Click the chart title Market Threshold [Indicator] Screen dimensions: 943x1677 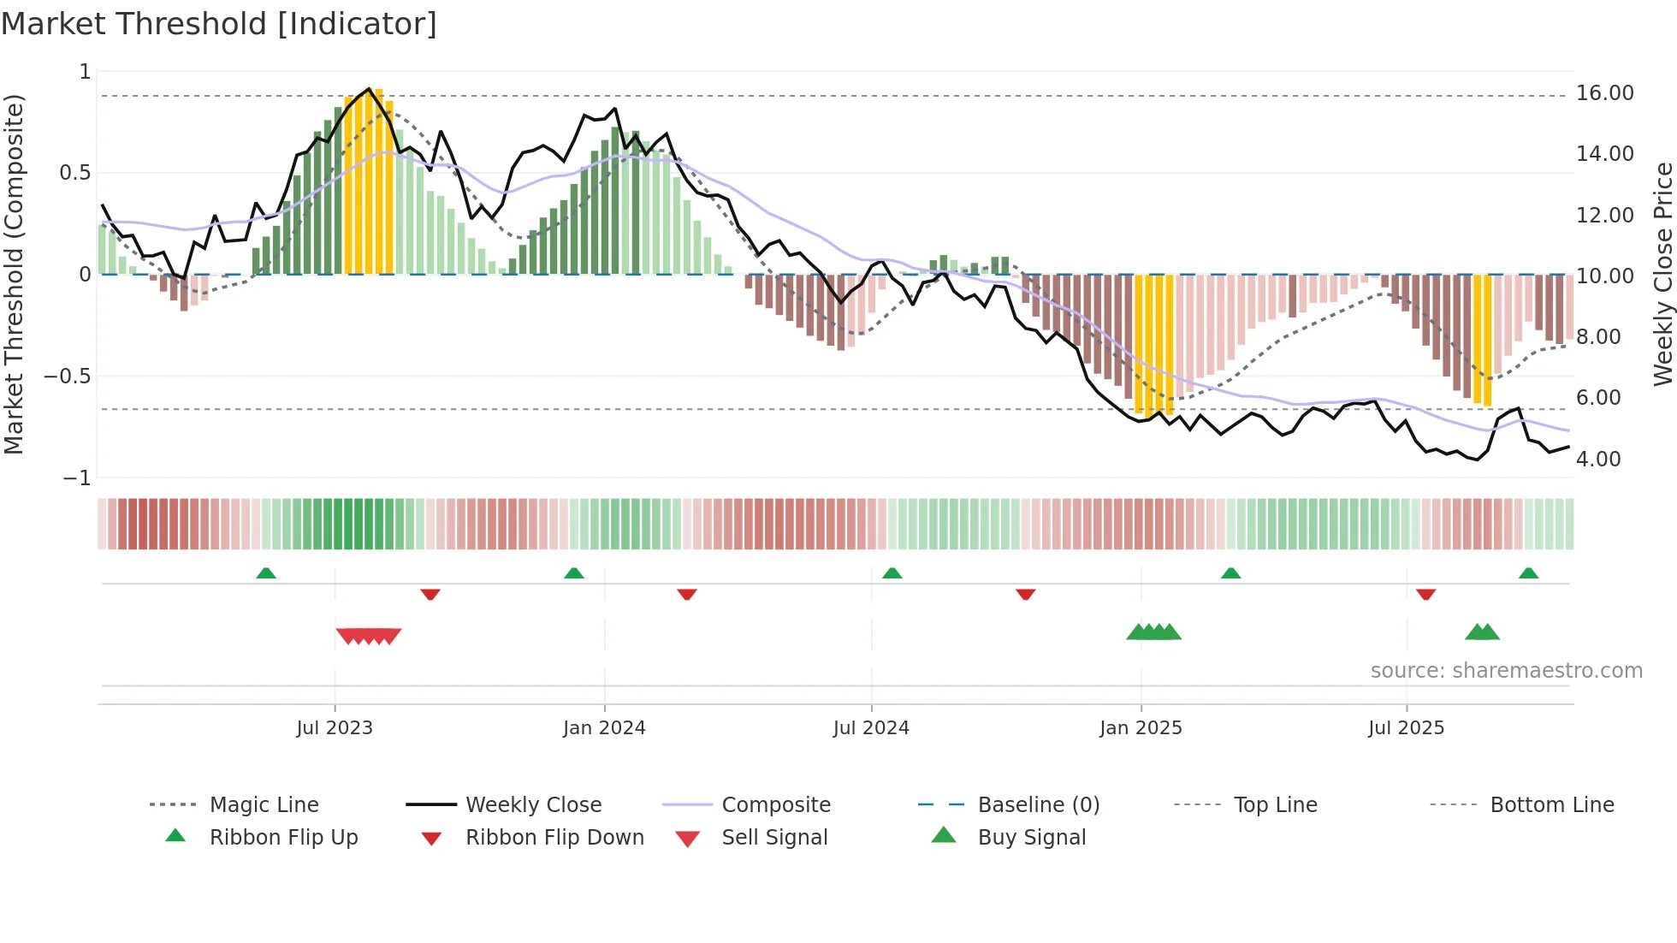click(219, 24)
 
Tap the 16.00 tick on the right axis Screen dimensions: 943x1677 click(1604, 93)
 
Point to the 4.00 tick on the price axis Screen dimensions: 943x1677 click(1597, 460)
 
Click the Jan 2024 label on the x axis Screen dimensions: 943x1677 click(604, 728)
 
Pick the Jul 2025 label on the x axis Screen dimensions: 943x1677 click(1406, 728)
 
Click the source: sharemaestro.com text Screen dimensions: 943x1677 click(1506, 671)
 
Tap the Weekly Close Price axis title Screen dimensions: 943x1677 click(1662, 274)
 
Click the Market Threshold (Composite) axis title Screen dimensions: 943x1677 click(14, 274)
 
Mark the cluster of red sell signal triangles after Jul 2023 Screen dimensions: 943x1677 click(369, 636)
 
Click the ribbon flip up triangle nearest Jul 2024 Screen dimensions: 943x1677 click(892, 573)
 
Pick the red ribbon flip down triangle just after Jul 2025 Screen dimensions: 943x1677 click(1425, 594)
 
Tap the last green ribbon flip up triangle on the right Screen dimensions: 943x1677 click(1528, 573)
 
